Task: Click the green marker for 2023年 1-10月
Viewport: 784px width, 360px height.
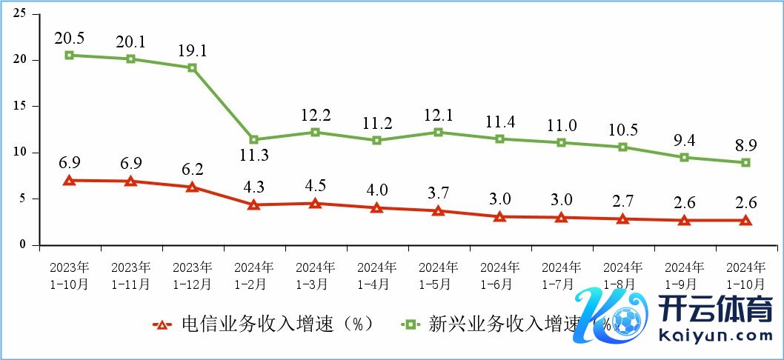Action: (69, 55)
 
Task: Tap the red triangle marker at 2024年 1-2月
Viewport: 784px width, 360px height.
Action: (253, 204)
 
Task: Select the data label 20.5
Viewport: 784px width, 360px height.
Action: (69, 36)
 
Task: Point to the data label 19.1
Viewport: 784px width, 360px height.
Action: (191, 50)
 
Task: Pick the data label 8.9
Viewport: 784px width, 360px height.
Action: (745, 144)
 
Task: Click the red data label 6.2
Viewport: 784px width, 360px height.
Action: (191, 168)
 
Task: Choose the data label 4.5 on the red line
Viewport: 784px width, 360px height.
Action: (315, 184)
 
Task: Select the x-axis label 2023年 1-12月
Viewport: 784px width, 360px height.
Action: (192, 275)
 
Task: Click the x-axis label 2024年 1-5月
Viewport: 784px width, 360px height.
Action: (438, 275)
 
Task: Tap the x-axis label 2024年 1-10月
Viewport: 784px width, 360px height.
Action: (745, 275)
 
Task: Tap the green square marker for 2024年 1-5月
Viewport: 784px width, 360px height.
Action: (438, 132)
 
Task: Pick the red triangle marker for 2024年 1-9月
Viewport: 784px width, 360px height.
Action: (684, 220)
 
